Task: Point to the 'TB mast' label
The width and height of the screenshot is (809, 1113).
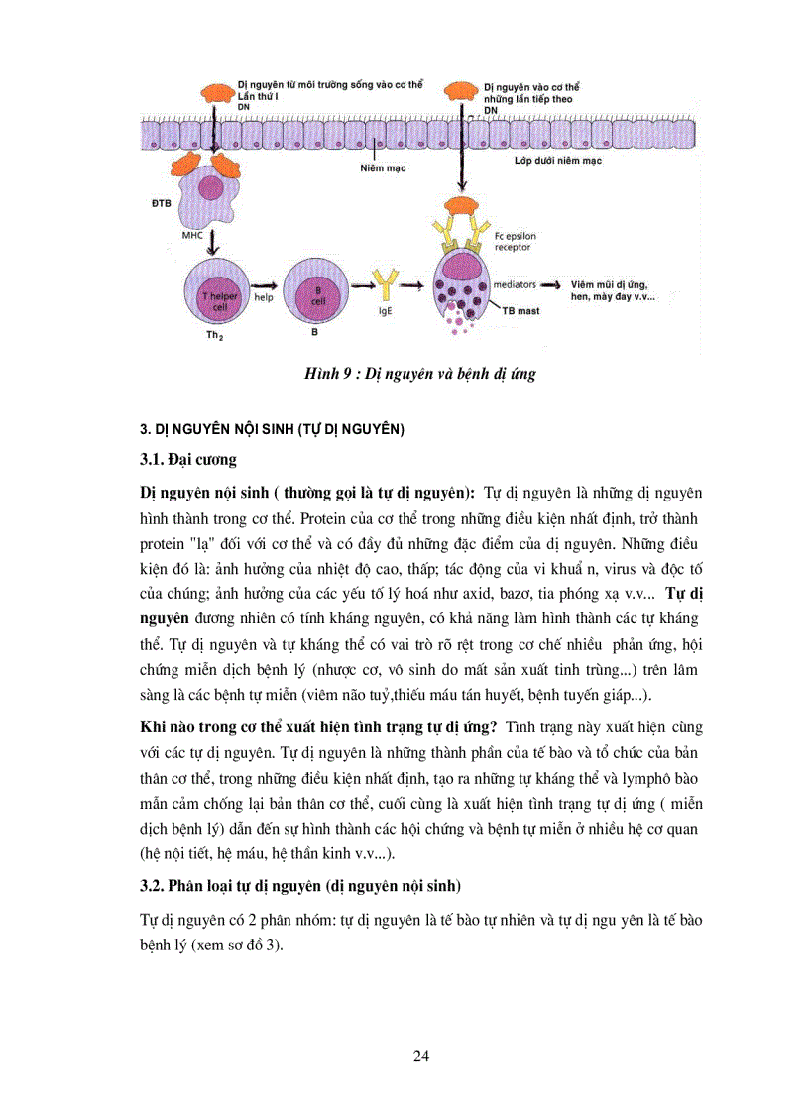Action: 534,310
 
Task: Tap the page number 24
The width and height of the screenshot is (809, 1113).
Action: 421,1056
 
